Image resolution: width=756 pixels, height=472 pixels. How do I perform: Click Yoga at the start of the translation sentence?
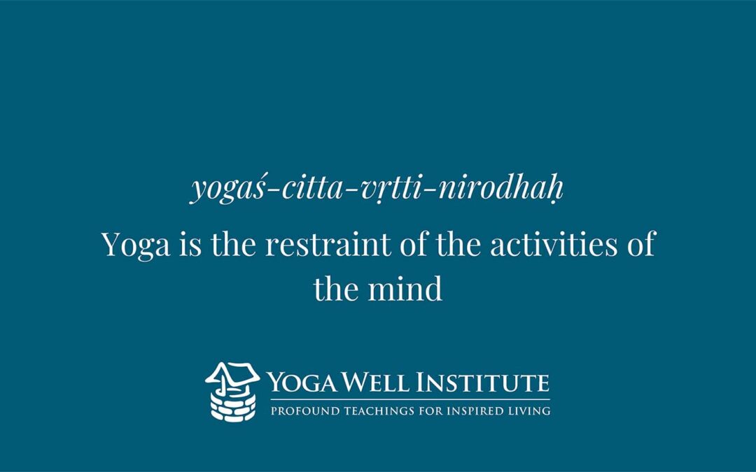(x=136, y=245)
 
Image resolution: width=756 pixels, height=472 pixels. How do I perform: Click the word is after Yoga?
(x=190, y=244)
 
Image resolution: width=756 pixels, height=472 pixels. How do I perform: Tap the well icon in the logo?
(x=232, y=392)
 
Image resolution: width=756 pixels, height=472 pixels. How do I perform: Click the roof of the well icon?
(x=232, y=373)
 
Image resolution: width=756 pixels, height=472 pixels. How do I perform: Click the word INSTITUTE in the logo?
(x=482, y=382)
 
